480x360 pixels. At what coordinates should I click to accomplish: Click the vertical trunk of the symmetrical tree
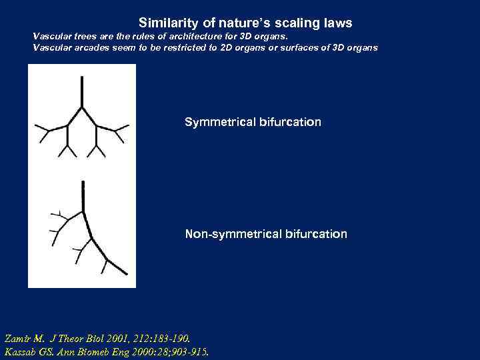[x=81, y=90]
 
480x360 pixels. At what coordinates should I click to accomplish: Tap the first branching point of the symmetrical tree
[x=81, y=106]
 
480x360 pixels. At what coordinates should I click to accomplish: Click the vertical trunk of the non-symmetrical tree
[x=83, y=197]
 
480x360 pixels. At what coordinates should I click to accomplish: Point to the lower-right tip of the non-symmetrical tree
[x=127, y=273]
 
